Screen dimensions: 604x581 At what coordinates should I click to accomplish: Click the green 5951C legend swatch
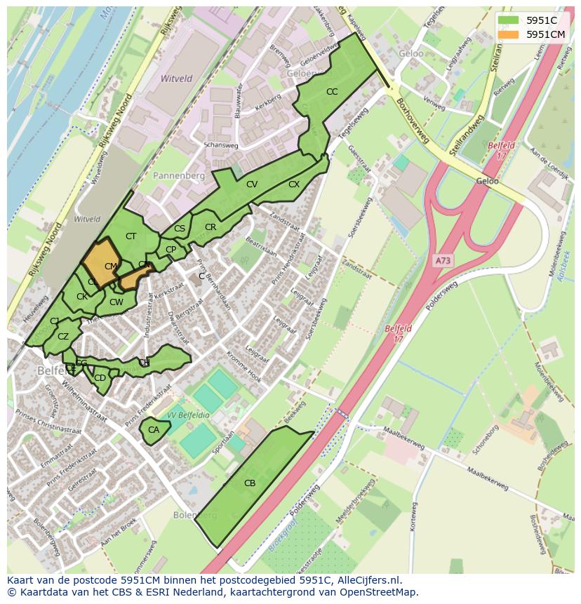click(x=508, y=20)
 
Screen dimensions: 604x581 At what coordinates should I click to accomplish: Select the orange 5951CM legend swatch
click(x=508, y=34)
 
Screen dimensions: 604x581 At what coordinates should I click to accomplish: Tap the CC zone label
click(x=332, y=92)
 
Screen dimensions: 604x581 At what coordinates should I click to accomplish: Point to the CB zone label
click(x=250, y=483)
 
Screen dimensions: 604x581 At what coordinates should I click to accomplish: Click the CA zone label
click(x=154, y=429)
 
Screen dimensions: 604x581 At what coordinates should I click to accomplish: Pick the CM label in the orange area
click(x=110, y=267)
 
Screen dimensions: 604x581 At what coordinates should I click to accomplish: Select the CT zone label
click(x=131, y=236)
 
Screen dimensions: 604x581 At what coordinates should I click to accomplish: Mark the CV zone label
click(x=251, y=184)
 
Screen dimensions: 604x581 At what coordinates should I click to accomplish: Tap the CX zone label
click(x=294, y=184)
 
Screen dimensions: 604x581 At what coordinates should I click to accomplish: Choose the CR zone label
click(x=211, y=227)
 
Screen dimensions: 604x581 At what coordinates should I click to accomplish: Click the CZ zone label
click(x=63, y=337)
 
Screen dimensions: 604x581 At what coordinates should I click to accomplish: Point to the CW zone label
click(x=116, y=302)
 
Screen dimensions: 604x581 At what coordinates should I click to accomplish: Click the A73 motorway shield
click(x=443, y=260)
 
